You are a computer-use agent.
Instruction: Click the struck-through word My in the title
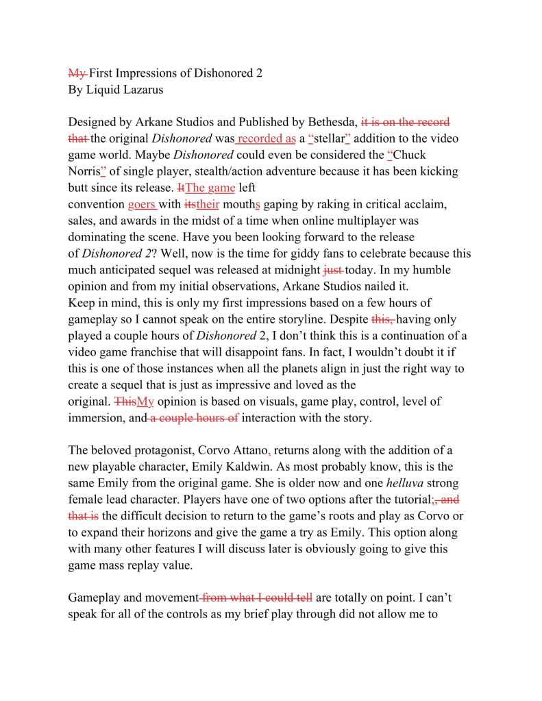pyautogui.click(x=77, y=73)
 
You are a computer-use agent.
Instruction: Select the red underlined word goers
pyautogui.click(x=141, y=204)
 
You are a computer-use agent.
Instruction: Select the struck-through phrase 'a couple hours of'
pyautogui.click(x=195, y=418)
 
